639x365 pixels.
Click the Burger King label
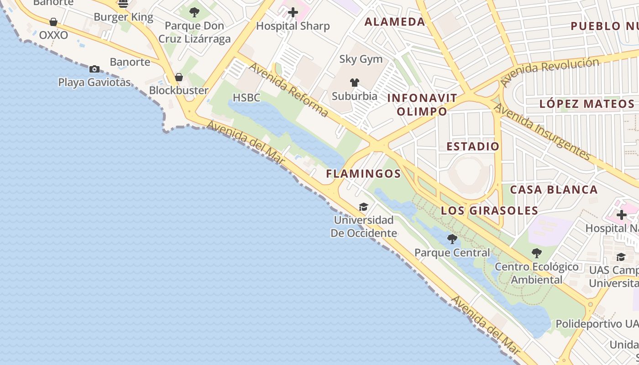click(x=123, y=17)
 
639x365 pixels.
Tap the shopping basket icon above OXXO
click(x=53, y=22)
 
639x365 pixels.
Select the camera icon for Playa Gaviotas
click(x=94, y=69)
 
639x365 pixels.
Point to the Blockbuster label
click(x=178, y=90)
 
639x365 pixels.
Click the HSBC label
click(x=246, y=98)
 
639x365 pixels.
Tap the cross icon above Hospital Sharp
click(x=293, y=12)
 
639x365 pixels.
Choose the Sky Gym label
click(x=361, y=59)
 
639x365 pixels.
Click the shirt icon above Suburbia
click(x=355, y=83)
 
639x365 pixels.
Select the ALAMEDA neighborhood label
click(x=395, y=22)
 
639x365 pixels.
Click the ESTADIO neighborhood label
click(x=473, y=146)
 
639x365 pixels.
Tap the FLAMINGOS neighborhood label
click(x=363, y=174)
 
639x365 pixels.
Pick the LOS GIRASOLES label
click(x=490, y=211)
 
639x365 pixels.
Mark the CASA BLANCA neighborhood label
click(x=554, y=190)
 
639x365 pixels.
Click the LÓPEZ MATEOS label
click(x=587, y=104)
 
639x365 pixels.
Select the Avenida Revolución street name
click(x=550, y=72)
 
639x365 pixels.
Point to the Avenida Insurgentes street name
click(x=543, y=132)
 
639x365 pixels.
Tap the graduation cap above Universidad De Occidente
click(x=363, y=207)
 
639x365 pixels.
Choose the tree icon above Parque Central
click(x=452, y=239)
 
